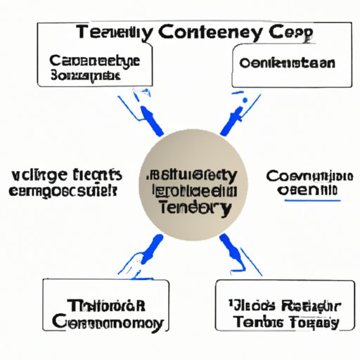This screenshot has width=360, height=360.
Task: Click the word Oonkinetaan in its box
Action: (287, 63)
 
